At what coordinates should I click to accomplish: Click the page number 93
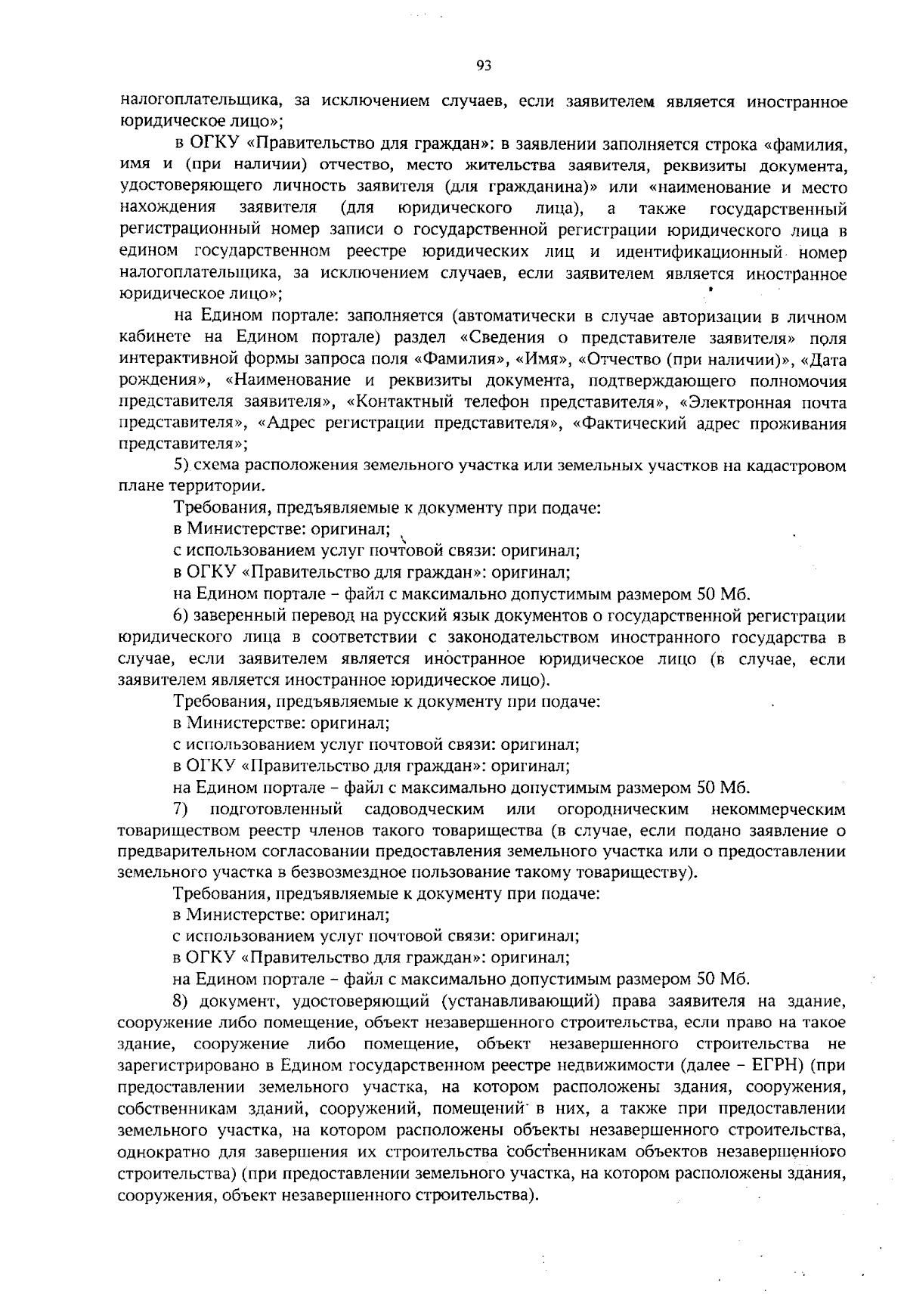click(484, 66)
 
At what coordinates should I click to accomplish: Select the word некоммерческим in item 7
click(783, 810)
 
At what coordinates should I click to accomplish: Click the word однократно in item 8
click(159, 1152)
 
